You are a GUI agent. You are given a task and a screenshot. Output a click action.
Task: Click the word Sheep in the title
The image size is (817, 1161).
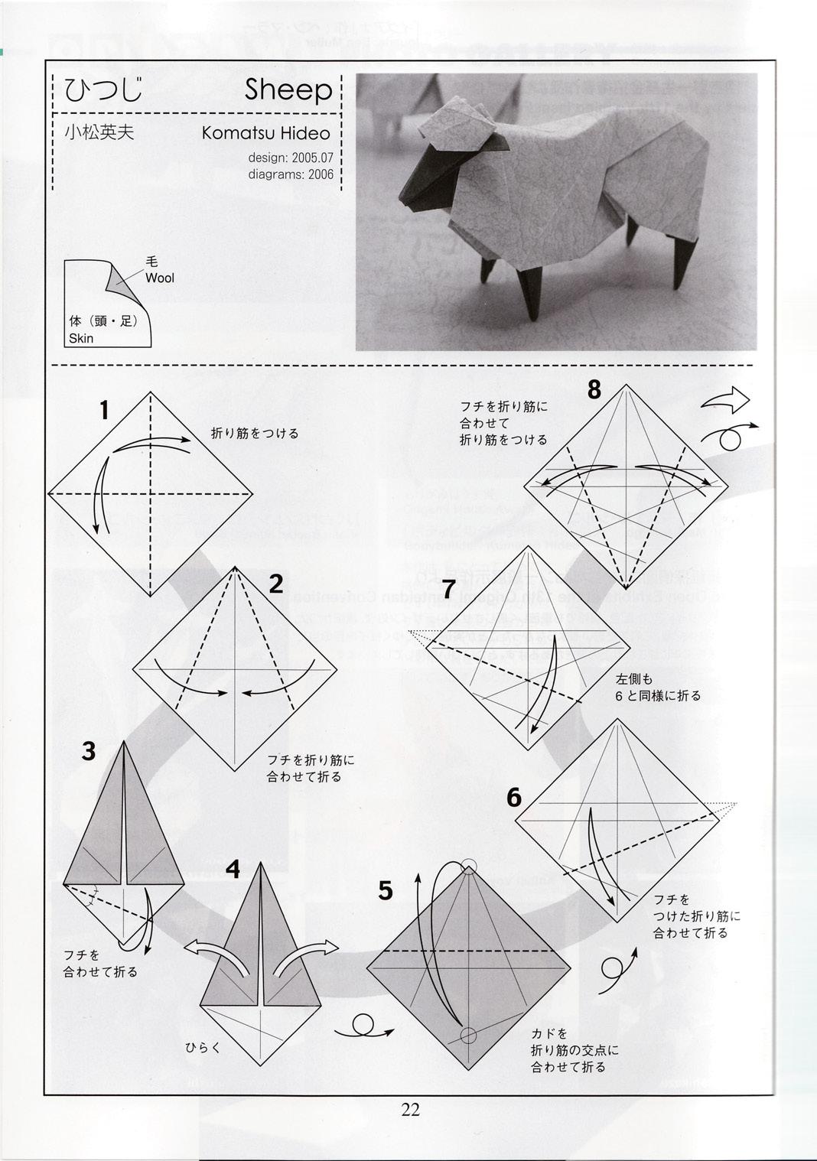tap(288, 90)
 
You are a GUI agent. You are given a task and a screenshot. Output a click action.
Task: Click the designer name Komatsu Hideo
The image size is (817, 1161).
tap(265, 133)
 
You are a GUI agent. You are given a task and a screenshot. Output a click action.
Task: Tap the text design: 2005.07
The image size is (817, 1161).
tap(291, 158)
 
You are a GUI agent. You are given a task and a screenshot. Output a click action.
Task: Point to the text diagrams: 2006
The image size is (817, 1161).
tap(291, 174)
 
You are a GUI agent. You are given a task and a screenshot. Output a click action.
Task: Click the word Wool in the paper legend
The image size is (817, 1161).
tap(160, 278)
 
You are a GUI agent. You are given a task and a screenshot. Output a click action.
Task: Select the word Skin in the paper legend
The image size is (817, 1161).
tap(81, 338)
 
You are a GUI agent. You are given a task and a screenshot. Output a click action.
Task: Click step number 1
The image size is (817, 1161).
tap(104, 411)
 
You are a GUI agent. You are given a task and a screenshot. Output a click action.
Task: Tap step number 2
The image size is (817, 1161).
tap(276, 584)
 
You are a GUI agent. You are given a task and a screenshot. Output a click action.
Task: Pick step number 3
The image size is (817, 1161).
tap(89, 751)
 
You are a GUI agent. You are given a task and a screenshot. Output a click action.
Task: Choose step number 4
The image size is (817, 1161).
tap(233, 869)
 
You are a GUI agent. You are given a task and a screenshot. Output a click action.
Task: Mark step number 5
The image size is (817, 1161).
tap(386, 890)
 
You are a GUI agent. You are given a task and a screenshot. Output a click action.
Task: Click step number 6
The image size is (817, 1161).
tap(514, 798)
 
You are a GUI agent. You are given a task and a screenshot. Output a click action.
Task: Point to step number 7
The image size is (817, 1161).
tap(449, 590)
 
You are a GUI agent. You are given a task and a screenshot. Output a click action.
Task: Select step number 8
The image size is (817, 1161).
tap(594, 390)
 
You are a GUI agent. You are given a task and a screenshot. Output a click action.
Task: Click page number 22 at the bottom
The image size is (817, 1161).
tap(410, 1110)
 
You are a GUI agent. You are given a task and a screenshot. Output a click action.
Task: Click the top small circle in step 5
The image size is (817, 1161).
tap(469, 866)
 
